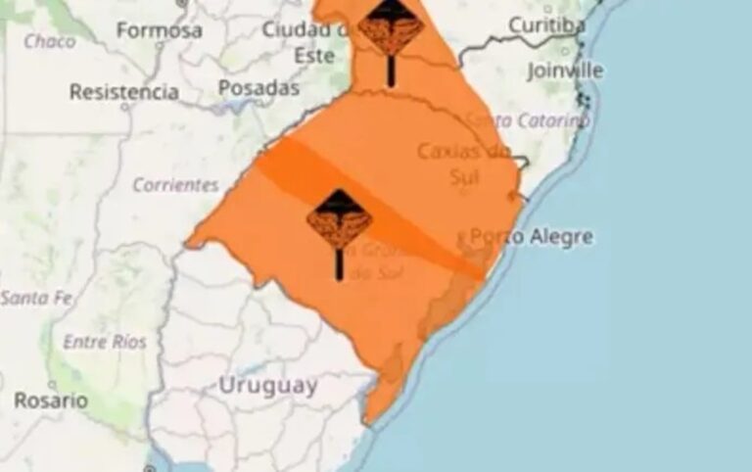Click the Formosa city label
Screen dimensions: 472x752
coord(159,30)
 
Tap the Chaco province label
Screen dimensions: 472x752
coord(49,41)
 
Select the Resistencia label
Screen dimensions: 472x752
coord(123,92)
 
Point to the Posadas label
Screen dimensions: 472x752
coord(258,88)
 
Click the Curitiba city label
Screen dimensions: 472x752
coord(546,25)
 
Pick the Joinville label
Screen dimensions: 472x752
coord(565,71)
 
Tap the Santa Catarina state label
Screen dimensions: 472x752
coord(529,120)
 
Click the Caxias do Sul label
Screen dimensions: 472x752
coord(464,163)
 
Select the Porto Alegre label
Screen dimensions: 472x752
coord(531,236)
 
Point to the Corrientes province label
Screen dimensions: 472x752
coord(175,184)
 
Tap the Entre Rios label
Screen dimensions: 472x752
coord(104,342)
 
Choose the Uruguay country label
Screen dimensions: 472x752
coord(267,385)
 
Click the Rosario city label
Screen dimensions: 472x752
coord(50,401)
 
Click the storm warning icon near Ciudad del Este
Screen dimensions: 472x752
coord(391,29)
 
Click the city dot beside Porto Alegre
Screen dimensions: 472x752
coord(462,238)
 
